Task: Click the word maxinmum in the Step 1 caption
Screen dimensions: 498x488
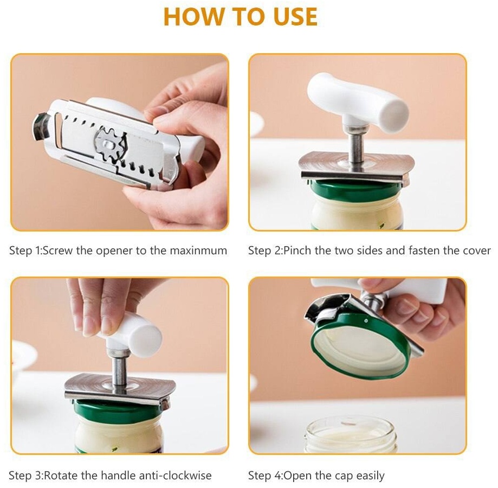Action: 198,251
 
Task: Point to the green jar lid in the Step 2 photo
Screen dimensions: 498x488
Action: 357,188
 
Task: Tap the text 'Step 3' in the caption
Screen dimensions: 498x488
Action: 25,476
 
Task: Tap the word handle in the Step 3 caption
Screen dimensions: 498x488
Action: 117,476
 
